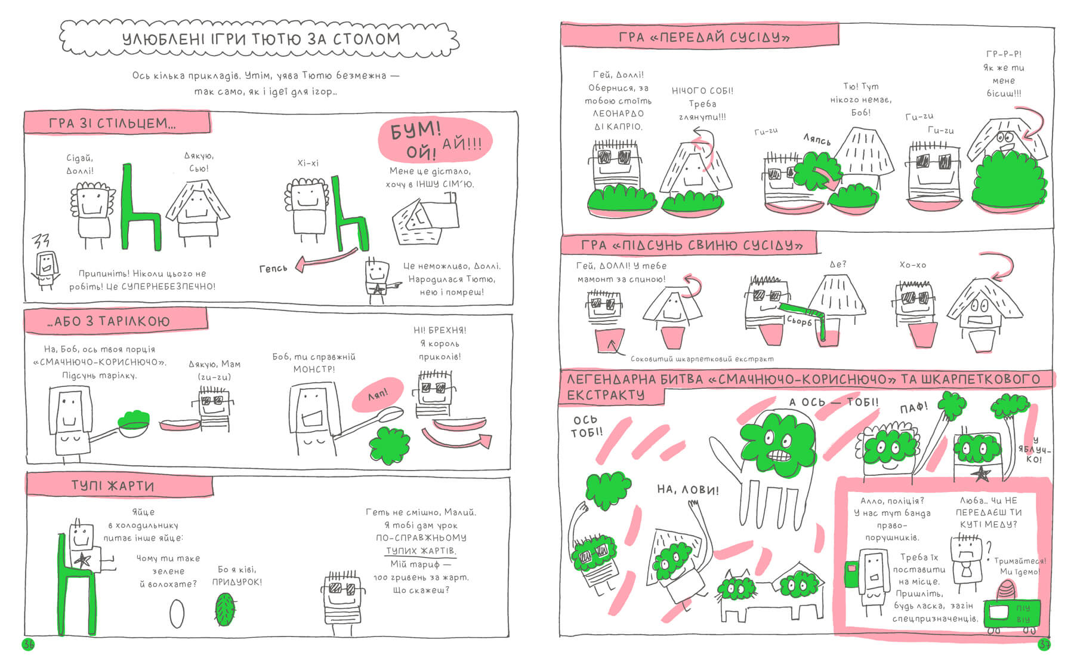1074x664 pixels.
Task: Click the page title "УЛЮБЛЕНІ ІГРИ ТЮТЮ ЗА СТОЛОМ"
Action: pyautogui.click(x=261, y=39)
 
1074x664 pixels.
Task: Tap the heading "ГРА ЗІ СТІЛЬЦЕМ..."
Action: pyautogui.click(x=112, y=124)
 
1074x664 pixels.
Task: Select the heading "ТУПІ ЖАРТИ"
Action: pyautogui.click(x=113, y=486)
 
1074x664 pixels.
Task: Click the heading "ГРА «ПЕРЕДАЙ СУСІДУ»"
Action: pyautogui.click(x=704, y=37)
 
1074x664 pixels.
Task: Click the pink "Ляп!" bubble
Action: pyautogui.click(x=378, y=395)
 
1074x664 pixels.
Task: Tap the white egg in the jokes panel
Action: pyautogui.click(x=177, y=613)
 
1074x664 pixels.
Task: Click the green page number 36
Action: pyautogui.click(x=28, y=644)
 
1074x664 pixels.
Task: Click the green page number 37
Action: pyautogui.click(x=1044, y=645)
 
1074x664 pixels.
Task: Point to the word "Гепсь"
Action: pyautogui.click(x=273, y=269)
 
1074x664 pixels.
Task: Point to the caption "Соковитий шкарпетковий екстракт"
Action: pyautogui.click(x=702, y=359)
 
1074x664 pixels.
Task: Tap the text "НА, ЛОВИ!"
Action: pyautogui.click(x=687, y=490)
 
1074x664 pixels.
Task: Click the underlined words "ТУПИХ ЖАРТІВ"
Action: pyautogui.click(x=421, y=551)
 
